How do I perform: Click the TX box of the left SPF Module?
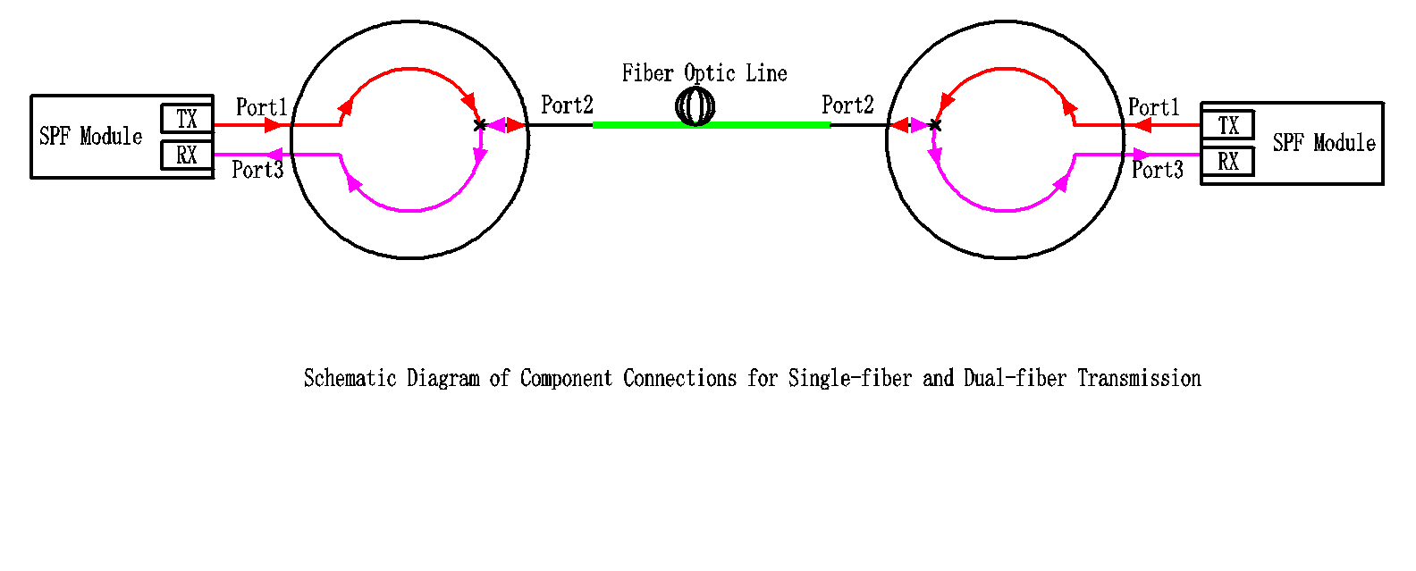click(x=187, y=119)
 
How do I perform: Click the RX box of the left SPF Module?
click(x=187, y=155)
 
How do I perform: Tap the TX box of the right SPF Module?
click(x=1228, y=125)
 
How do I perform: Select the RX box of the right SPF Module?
click(x=1228, y=162)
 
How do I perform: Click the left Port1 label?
click(x=261, y=108)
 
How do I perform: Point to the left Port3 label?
click(x=257, y=170)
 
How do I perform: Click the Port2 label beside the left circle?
click(x=567, y=105)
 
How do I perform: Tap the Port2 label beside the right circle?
click(x=847, y=105)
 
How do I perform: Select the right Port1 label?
click(x=1153, y=108)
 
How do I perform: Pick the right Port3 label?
click(x=1157, y=170)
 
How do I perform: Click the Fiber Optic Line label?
click(x=704, y=73)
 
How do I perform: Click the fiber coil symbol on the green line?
click(x=695, y=107)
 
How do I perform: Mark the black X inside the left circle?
click(x=480, y=125)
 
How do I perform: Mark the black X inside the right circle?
click(x=935, y=125)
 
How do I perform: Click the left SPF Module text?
click(x=91, y=137)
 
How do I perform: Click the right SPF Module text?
click(x=1324, y=143)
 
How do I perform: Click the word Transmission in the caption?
click(x=1139, y=379)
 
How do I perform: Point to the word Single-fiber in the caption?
click(x=849, y=379)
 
